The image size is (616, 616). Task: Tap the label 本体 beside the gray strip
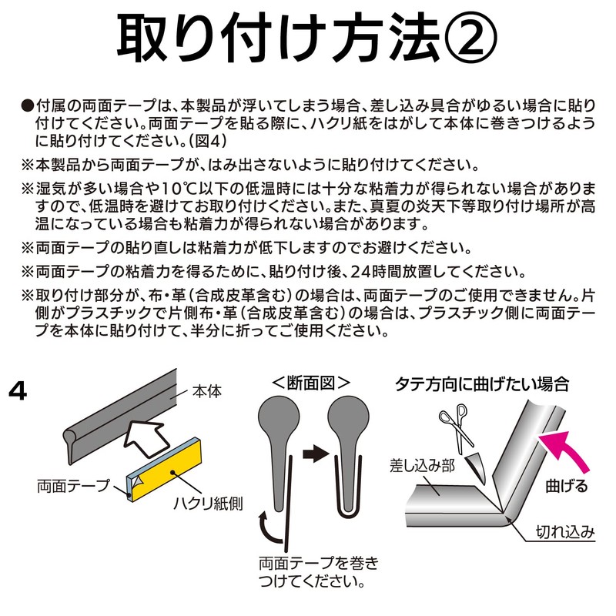(206, 391)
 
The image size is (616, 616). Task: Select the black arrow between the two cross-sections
(313, 454)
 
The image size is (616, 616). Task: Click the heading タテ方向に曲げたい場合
(481, 383)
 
